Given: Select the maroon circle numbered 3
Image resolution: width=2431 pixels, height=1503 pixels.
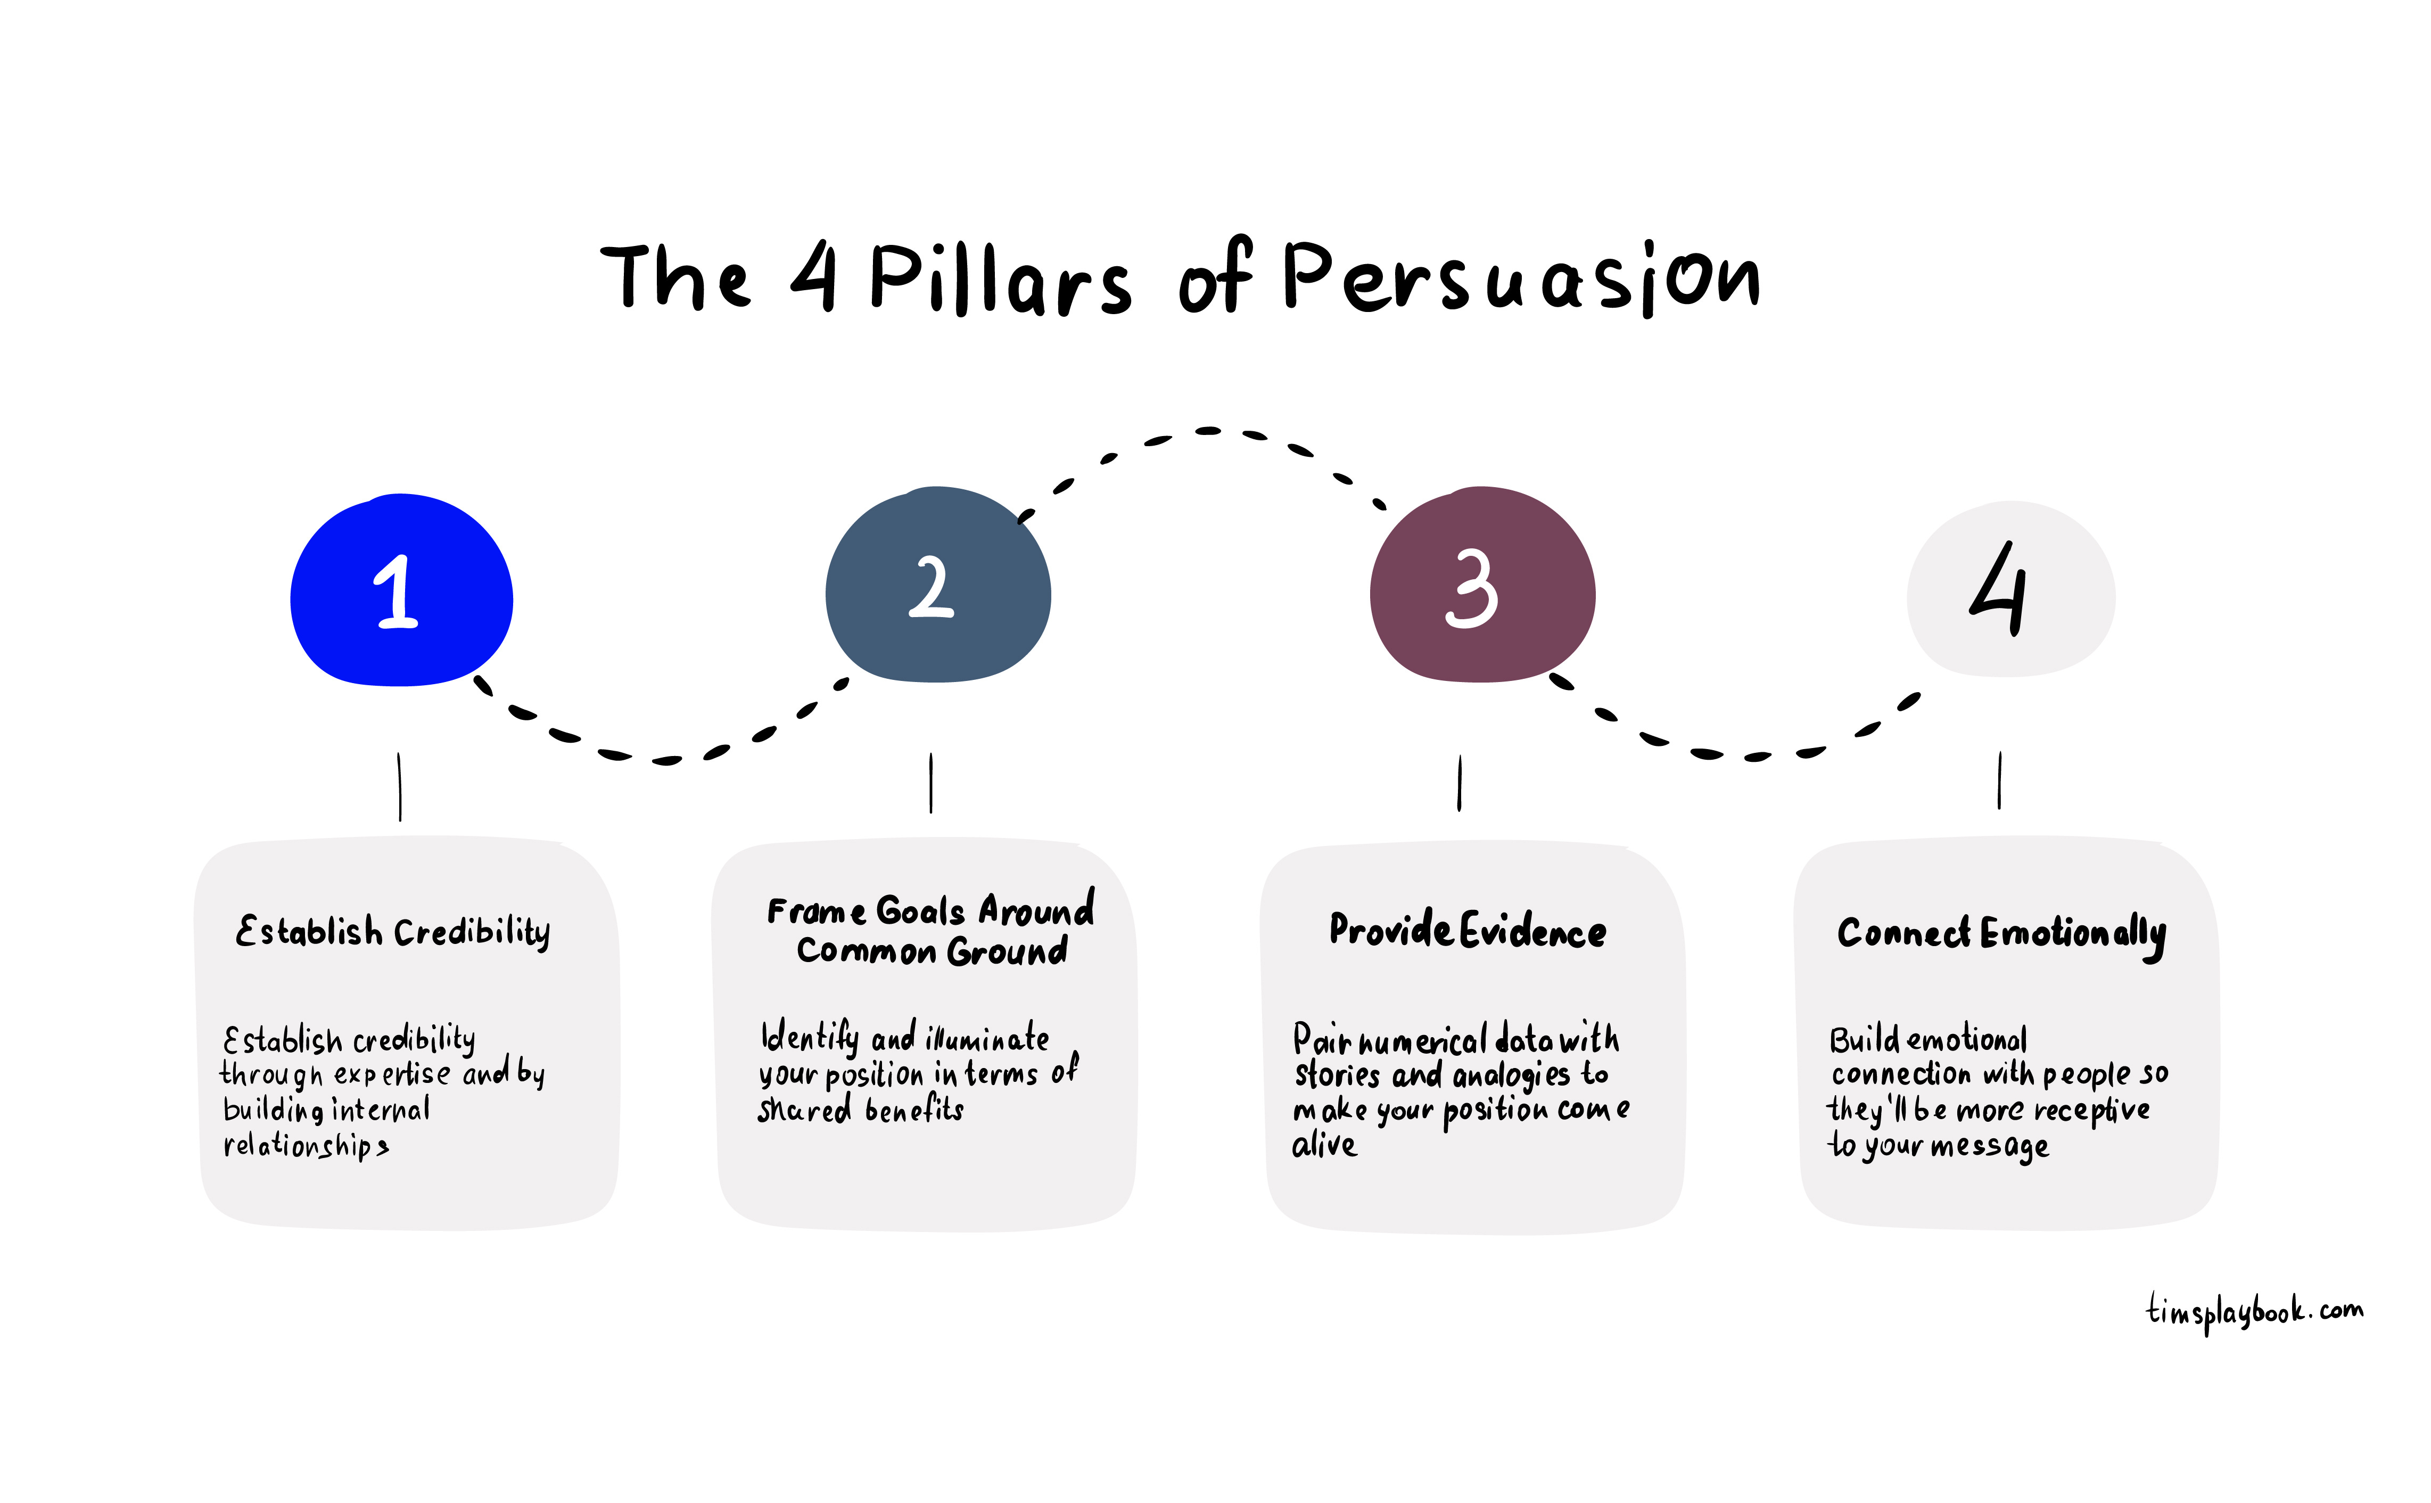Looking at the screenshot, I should [1482, 586].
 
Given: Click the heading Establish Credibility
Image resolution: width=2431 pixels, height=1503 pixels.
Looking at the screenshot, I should [393, 931].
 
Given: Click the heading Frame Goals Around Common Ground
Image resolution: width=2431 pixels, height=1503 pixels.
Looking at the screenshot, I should [932, 931].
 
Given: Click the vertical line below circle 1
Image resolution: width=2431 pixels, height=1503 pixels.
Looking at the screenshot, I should [400, 786].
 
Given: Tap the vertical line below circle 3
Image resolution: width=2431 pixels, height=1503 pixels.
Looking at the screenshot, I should [1459, 783].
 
